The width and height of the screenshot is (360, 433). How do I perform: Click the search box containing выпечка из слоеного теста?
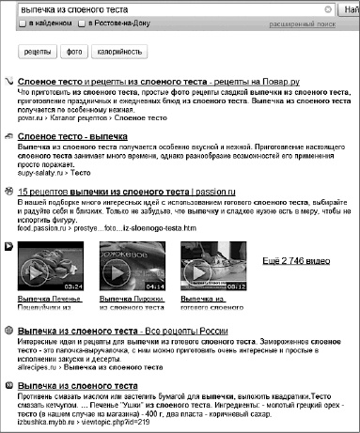click(169, 9)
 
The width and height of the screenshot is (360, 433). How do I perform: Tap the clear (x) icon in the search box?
click(328, 9)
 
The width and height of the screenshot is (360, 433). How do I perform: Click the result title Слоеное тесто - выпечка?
click(72, 135)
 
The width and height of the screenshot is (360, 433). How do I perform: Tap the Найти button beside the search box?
click(350, 9)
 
